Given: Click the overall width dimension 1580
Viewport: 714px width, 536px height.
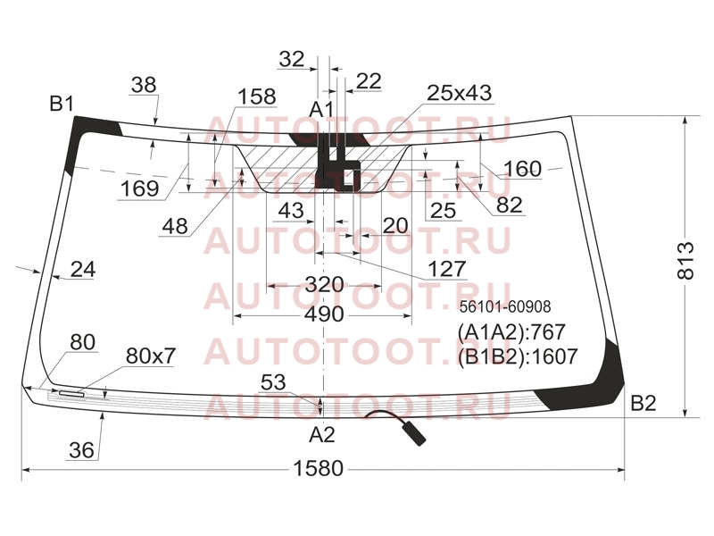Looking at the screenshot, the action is (319, 468).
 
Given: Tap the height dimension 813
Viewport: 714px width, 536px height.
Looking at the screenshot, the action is (686, 261).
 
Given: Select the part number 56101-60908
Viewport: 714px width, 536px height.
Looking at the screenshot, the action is (505, 306).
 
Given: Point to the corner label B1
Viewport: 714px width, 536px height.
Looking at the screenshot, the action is (62, 105).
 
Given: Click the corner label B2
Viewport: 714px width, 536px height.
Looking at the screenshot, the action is (643, 404).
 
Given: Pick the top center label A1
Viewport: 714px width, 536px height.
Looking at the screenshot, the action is (321, 110).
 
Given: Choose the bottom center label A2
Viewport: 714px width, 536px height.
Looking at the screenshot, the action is (322, 435).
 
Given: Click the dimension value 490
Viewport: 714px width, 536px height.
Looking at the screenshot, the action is (324, 314).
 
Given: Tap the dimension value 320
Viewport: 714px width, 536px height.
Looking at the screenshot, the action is (324, 285).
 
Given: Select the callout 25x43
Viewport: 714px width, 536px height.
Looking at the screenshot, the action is (459, 93).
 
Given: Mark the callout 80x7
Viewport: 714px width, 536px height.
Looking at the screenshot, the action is (150, 356).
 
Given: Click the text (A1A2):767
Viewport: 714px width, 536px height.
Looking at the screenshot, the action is (511, 332).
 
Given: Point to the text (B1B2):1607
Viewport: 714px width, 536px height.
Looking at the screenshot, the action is (518, 356).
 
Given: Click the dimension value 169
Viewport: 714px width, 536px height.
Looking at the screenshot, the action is (139, 188).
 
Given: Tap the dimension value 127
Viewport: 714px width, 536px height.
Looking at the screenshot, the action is (447, 269).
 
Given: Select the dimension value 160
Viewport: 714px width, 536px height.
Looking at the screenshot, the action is (522, 169).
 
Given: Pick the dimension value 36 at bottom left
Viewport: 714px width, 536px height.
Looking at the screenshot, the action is (81, 450).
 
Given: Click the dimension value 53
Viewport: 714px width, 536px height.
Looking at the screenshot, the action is (273, 383).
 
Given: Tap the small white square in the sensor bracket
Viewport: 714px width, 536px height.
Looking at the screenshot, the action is (348, 178).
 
